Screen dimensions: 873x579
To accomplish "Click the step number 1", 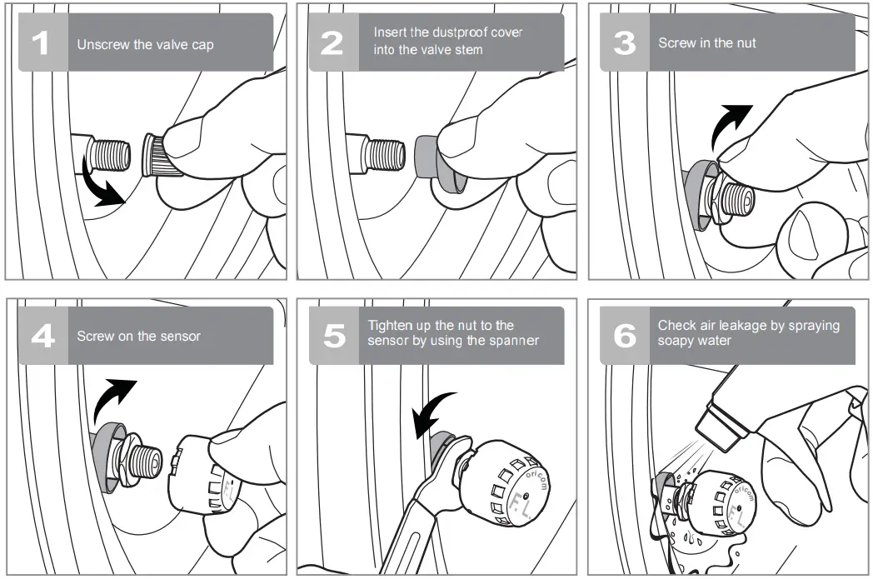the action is pos(40,43).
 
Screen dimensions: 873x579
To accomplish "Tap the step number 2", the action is pos(332,43).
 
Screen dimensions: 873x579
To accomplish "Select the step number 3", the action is pos(624,43).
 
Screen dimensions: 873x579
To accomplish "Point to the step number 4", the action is pos(42,337).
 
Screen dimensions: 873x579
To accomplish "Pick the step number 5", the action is pos(335,337).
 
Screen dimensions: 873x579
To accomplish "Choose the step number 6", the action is pos(625,337).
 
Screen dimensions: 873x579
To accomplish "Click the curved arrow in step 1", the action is pos(99,184).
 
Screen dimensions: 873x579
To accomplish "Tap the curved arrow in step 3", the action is pos(730,126).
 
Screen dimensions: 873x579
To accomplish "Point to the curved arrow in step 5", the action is pos(432,412).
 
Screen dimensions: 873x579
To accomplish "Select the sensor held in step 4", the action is pos(203,473).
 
